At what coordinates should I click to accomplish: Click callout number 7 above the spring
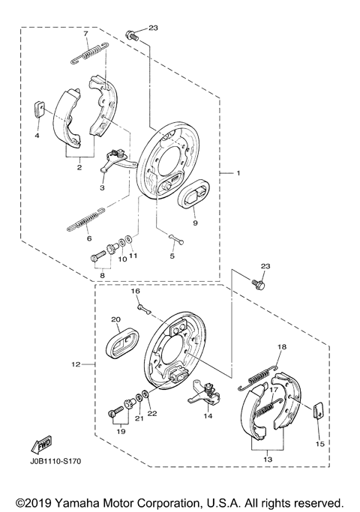pyautogui.click(x=85, y=34)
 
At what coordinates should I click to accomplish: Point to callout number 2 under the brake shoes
pyautogui.click(x=79, y=169)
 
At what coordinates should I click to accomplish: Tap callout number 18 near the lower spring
pyautogui.click(x=282, y=347)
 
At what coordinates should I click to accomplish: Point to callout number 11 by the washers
pyautogui.click(x=133, y=257)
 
